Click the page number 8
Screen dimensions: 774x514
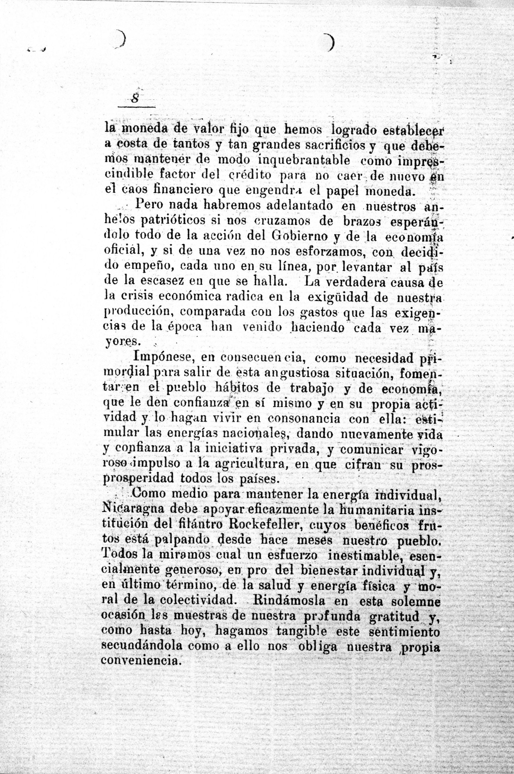pyautogui.click(x=134, y=99)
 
